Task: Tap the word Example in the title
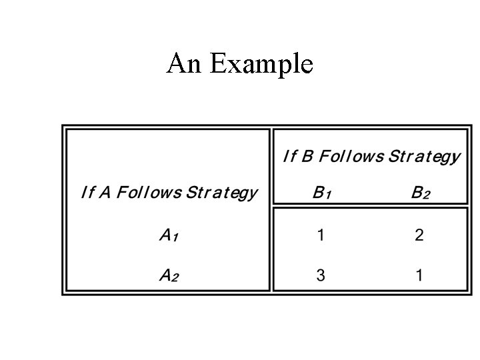[x=261, y=65]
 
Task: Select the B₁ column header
[x=321, y=193]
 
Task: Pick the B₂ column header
[x=420, y=193]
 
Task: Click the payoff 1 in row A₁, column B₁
[x=321, y=235]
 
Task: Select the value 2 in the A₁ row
[x=419, y=235]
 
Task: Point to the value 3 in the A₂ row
[x=321, y=275]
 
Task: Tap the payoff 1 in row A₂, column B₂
[x=419, y=275]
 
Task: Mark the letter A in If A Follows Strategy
[x=105, y=193]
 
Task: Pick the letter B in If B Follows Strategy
[x=308, y=157]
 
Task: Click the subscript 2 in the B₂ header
[x=426, y=195]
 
